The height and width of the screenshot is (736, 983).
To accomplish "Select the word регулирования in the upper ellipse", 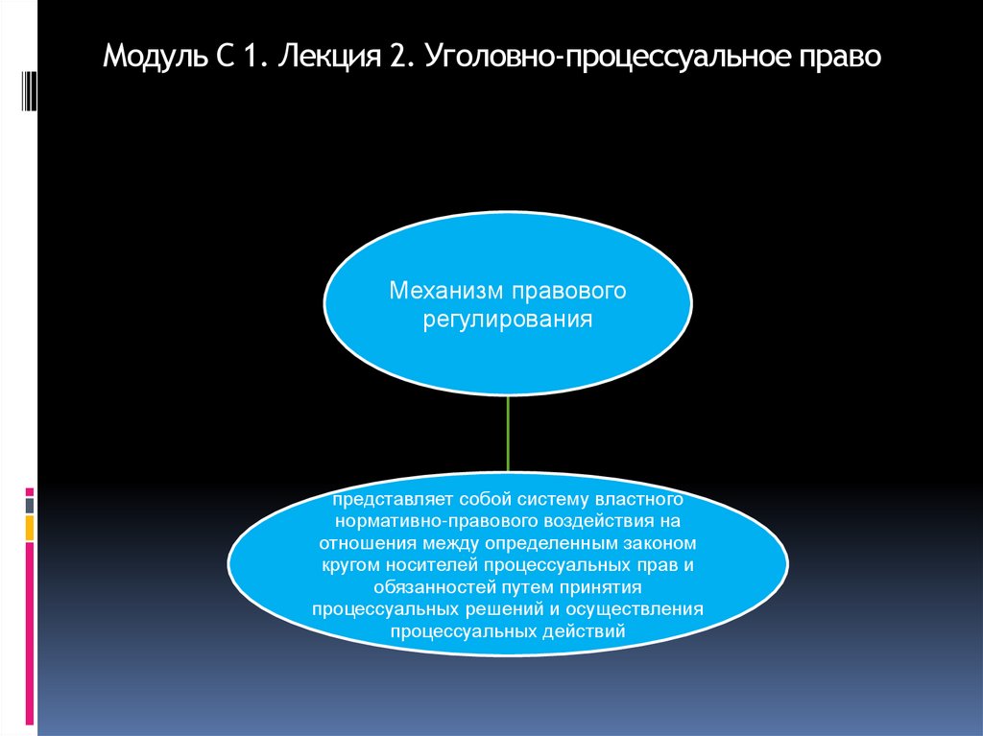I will point(507,318).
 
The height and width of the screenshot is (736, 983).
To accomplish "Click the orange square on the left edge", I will point(30,527).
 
